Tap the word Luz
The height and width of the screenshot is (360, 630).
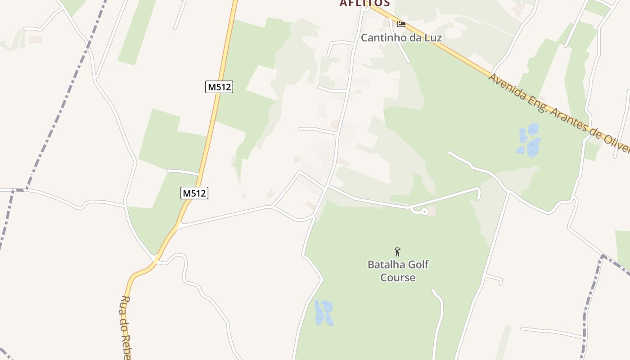432,38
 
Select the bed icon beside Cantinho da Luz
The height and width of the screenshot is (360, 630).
401,24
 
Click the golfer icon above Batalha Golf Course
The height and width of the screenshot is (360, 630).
397,252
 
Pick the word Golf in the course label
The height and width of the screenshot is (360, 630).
419,265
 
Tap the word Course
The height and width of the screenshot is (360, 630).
398,278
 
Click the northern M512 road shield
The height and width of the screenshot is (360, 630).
219,87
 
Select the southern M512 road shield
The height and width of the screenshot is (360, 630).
194,193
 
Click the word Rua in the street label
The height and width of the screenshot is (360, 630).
126,304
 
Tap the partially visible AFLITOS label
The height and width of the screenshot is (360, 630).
364,3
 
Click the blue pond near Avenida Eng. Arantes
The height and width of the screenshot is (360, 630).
530,141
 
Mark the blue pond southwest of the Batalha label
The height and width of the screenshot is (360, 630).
324,313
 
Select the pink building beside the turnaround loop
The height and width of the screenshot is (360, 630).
432,211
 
